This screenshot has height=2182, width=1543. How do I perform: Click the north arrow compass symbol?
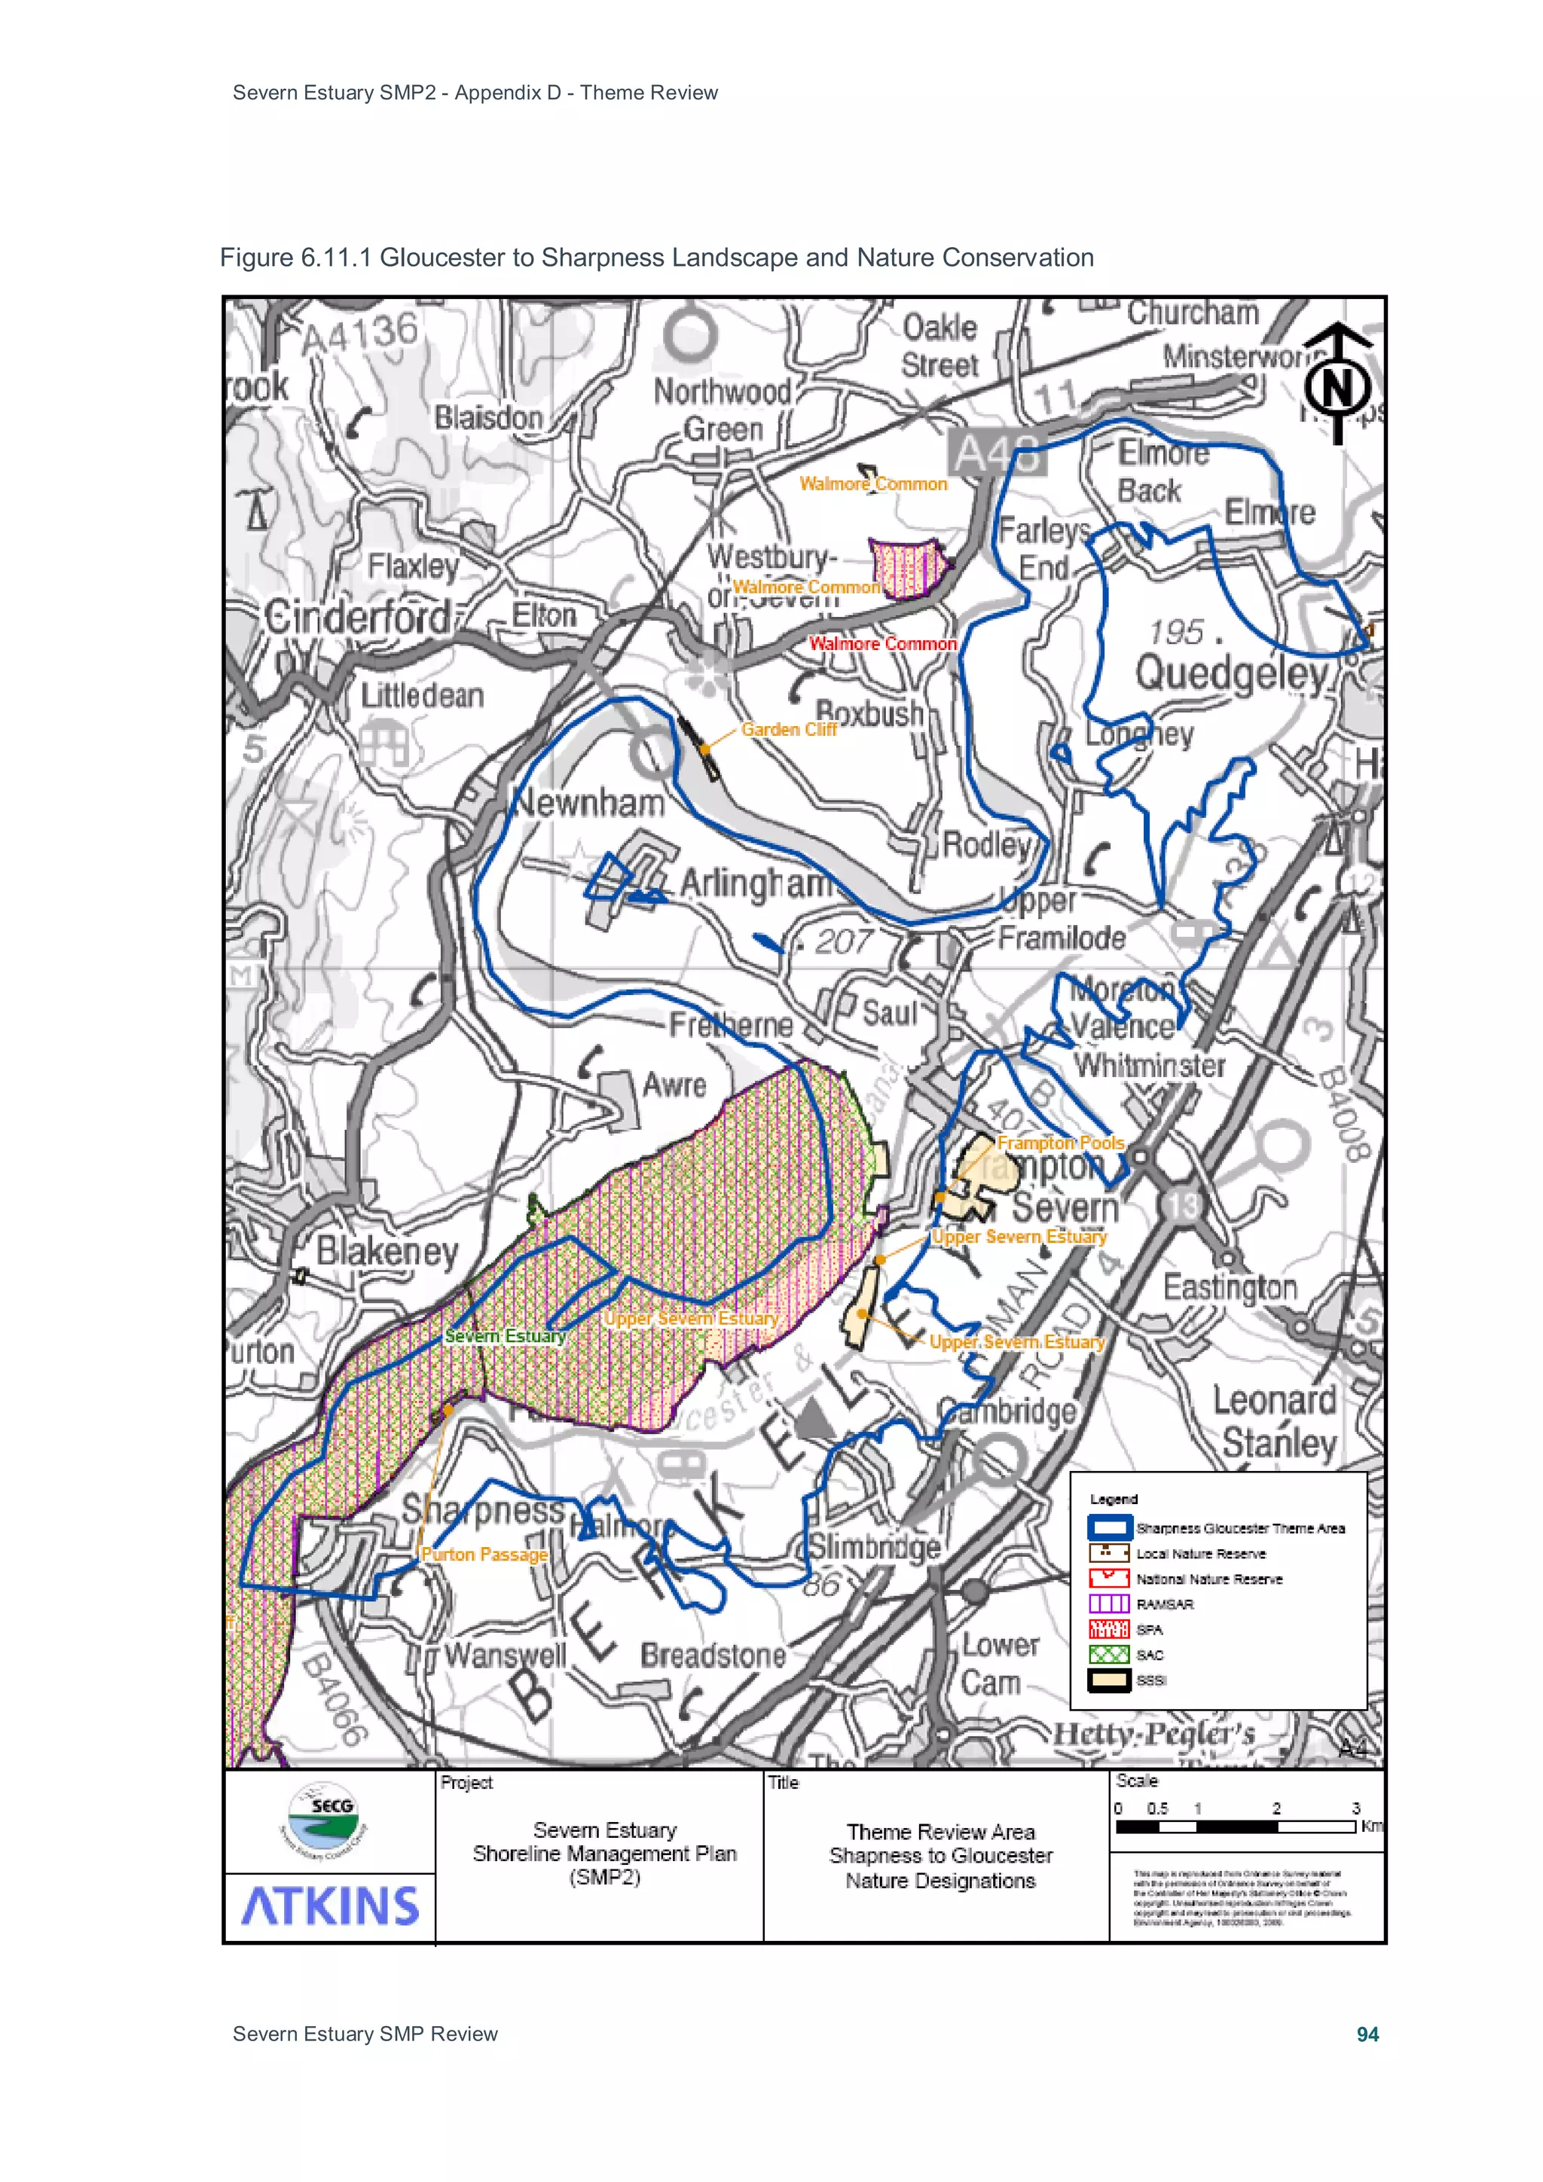[x=1337, y=384]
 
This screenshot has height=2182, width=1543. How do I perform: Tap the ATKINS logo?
[x=330, y=1906]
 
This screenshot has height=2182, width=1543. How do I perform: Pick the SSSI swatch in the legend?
[x=1108, y=1680]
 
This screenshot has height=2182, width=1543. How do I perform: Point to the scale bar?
[x=1235, y=1826]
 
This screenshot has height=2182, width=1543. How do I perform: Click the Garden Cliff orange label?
[x=788, y=730]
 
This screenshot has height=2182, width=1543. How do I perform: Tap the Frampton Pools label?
[x=1060, y=1143]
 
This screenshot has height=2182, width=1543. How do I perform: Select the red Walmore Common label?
[x=882, y=644]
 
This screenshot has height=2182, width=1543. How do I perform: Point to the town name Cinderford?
[x=357, y=618]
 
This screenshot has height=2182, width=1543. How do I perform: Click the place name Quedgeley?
[x=1231, y=675]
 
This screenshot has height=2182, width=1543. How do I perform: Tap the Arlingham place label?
[x=755, y=883]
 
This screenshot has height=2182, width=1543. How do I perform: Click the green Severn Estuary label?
[x=505, y=1336]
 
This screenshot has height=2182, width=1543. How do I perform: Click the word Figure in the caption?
[x=255, y=258]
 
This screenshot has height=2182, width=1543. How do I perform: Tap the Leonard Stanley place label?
[x=1276, y=1422]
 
